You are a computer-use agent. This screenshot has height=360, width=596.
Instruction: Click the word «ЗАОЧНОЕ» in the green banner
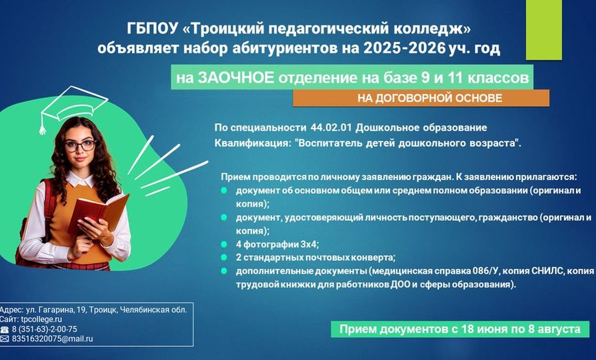pos(236,78)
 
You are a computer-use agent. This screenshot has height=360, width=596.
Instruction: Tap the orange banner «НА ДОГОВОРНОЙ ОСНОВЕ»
pos(421,98)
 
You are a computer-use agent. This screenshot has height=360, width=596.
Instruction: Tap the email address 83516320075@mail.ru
pos(52,339)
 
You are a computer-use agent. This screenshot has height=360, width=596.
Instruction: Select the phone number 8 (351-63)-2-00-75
pos(45,329)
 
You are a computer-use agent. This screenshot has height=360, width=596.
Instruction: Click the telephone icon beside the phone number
pos(4,329)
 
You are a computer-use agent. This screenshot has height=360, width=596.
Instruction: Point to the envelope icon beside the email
pos(4,339)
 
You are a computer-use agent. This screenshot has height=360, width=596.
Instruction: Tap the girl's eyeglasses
pos(80,145)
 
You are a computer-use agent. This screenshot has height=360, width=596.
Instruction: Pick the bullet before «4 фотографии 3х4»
pos(224,244)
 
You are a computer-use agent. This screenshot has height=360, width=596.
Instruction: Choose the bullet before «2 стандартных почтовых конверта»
pos(224,258)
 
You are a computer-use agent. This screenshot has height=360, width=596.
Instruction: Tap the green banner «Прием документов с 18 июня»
pos(459,329)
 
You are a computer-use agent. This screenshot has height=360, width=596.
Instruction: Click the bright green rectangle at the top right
pos(544,30)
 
